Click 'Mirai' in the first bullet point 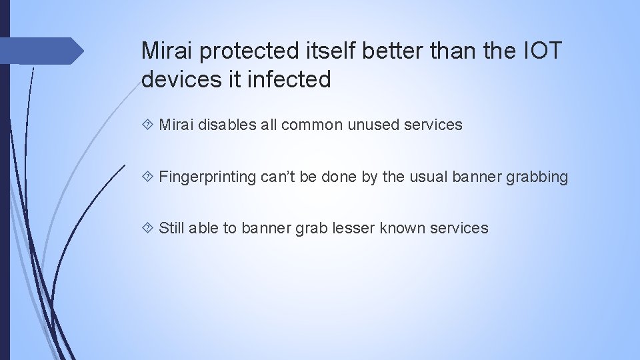pyautogui.click(x=175, y=125)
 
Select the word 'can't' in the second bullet pyautogui.click(x=273, y=177)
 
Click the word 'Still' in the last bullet pyautogui.click(x=172, y=228)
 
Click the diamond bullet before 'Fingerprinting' pyautogui.click(x=148, y=177)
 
